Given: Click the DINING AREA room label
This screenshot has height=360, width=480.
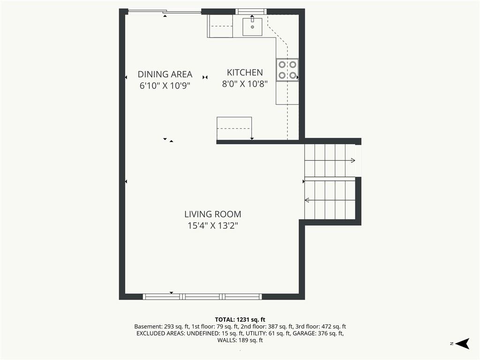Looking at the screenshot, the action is point(165,74).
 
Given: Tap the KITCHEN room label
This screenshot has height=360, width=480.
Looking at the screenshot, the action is point(245,73).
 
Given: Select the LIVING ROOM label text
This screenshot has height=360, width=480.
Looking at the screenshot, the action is point(213,214).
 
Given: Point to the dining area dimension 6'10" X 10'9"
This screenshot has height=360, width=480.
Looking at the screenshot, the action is point(165,85).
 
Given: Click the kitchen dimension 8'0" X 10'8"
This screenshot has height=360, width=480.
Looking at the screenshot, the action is point(245,83).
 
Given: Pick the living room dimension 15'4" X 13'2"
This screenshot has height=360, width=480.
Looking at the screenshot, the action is point(213,225).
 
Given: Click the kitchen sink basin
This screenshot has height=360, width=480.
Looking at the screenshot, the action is point(253,27).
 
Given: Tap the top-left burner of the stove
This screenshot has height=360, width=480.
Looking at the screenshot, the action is point(282,65).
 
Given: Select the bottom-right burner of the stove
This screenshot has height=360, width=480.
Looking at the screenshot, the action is point(293,75).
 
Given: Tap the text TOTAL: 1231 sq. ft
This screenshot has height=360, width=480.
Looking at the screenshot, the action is point(240,320).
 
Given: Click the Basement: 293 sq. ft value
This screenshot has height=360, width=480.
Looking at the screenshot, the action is point(162,327).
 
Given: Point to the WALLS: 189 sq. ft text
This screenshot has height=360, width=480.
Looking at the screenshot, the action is point(240,340).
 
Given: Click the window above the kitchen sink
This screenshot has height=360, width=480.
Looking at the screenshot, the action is point(251,12).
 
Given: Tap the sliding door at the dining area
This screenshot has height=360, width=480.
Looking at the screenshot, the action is point(165,12).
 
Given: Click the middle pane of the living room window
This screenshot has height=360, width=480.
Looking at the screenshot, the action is point(202,297).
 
